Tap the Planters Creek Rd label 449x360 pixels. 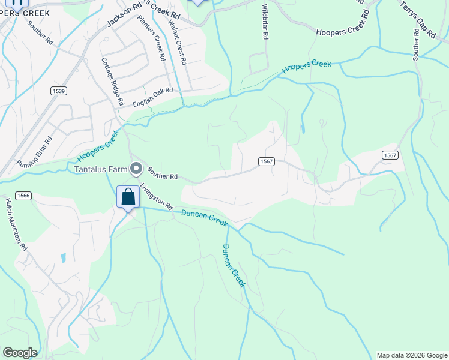tap(151, 38)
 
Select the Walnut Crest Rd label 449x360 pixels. tap(178, 43)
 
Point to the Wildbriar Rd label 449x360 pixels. tap(265, 22)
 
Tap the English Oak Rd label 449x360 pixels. tap(153, 97)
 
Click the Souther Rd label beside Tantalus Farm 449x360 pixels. tap(163, 173)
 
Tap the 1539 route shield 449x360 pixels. tap(58, 91)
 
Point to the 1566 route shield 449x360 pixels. tap(24, 195)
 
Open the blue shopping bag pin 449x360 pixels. tap(128, 197)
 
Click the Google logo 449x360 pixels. tap(20, 353)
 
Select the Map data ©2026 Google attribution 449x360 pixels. tap(411, 355)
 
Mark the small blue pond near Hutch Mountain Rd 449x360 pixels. tap(63, 259)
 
